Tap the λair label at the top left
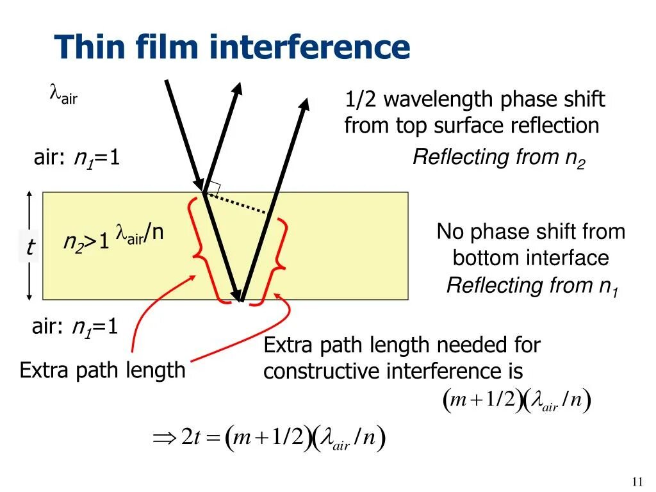tap(63, 96)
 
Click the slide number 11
tap(637, 482)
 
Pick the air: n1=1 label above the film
tap(77, 158)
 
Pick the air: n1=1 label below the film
tap(76, 327)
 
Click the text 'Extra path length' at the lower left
tap(102, 370)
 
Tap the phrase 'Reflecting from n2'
tap(499, 158)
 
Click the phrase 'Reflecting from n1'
tap(532, 286)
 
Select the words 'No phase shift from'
tap(530, 231)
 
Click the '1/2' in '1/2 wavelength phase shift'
tap(360, 100)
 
